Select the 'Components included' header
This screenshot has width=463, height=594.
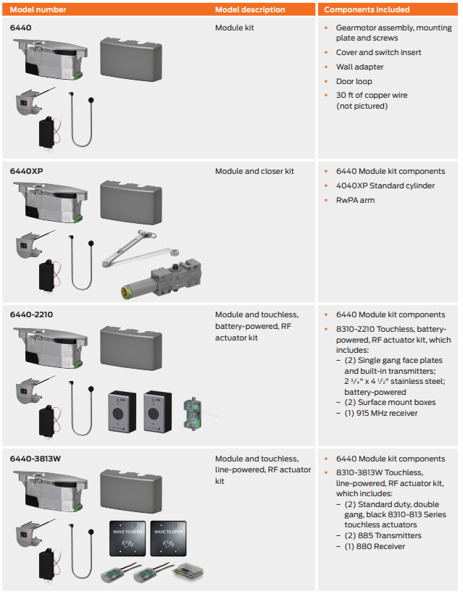pos(366,10)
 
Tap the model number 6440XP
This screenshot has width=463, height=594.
pos(26,172)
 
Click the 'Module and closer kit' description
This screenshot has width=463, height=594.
pos(254,172)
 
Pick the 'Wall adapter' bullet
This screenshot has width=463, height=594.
pos(359,67)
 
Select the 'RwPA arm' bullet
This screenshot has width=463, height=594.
pos(355,200)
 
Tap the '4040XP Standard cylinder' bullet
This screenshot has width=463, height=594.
pos(385,185)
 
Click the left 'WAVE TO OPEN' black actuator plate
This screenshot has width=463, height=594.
pos(128,536)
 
